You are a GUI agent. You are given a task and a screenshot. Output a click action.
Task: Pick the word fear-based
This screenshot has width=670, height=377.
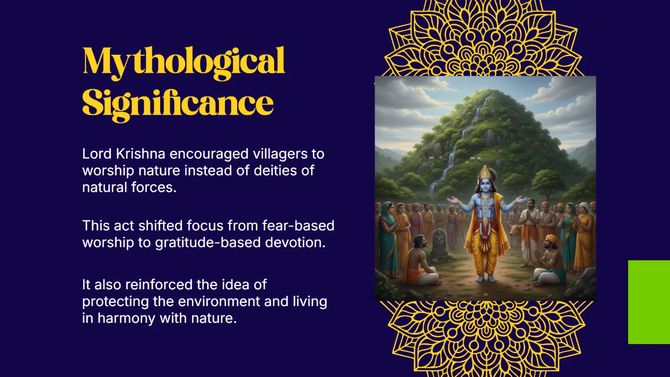click(298, 225)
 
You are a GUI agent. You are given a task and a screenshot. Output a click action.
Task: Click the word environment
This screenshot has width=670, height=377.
click(219, 301)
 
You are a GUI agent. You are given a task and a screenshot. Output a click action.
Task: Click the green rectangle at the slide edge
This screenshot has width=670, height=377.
click(649, 302)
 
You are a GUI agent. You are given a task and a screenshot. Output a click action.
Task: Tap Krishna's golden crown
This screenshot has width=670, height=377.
click(485, 173)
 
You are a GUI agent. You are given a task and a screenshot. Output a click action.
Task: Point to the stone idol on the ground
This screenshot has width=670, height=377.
click(439, 242)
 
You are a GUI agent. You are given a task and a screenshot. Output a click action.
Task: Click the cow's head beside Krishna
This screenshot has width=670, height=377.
click(515, 231)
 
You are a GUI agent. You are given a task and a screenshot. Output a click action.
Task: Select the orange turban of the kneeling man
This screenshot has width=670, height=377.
click(551, 239)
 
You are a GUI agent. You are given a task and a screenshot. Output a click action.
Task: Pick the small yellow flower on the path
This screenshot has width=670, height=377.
click(485, 295)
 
